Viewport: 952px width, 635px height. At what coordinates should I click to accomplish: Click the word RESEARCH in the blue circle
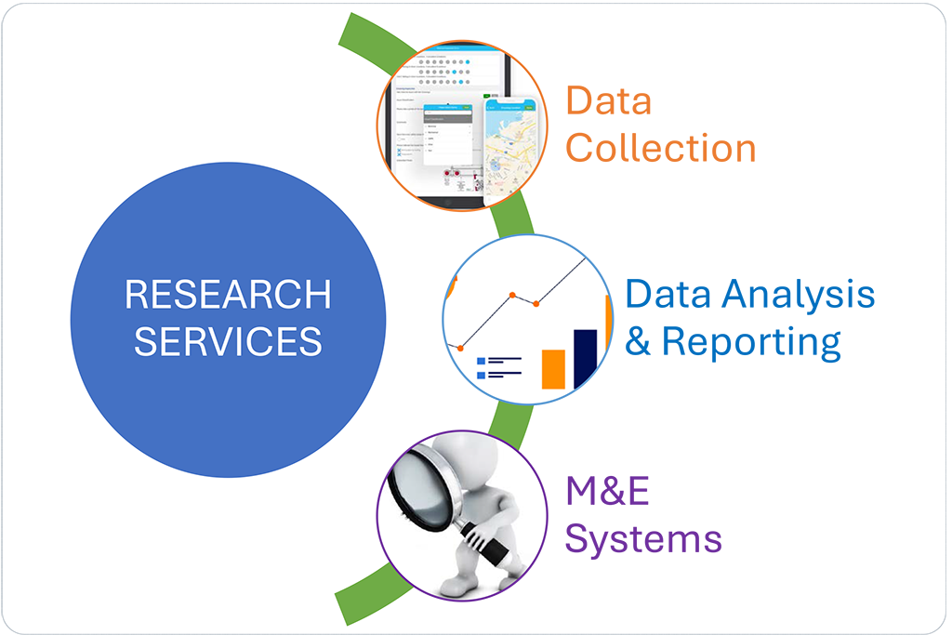228,296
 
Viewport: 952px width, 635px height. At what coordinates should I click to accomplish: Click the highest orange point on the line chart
511,295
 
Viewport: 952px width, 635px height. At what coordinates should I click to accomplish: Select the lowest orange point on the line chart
459,347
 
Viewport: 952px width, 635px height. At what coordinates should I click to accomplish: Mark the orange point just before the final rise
536,302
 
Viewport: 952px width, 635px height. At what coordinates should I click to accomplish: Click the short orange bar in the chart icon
553,368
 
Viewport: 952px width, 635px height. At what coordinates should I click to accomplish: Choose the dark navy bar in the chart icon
585,357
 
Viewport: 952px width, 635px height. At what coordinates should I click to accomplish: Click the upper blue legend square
482,361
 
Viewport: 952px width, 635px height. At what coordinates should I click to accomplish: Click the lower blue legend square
482,375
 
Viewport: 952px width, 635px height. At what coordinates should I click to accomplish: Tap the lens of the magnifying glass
415,483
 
